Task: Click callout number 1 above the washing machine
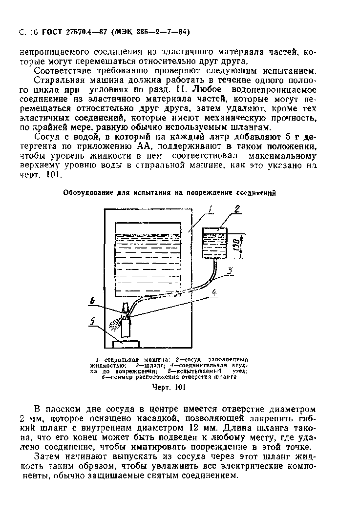[211, 210]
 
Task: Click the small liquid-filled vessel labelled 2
[215, 243]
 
